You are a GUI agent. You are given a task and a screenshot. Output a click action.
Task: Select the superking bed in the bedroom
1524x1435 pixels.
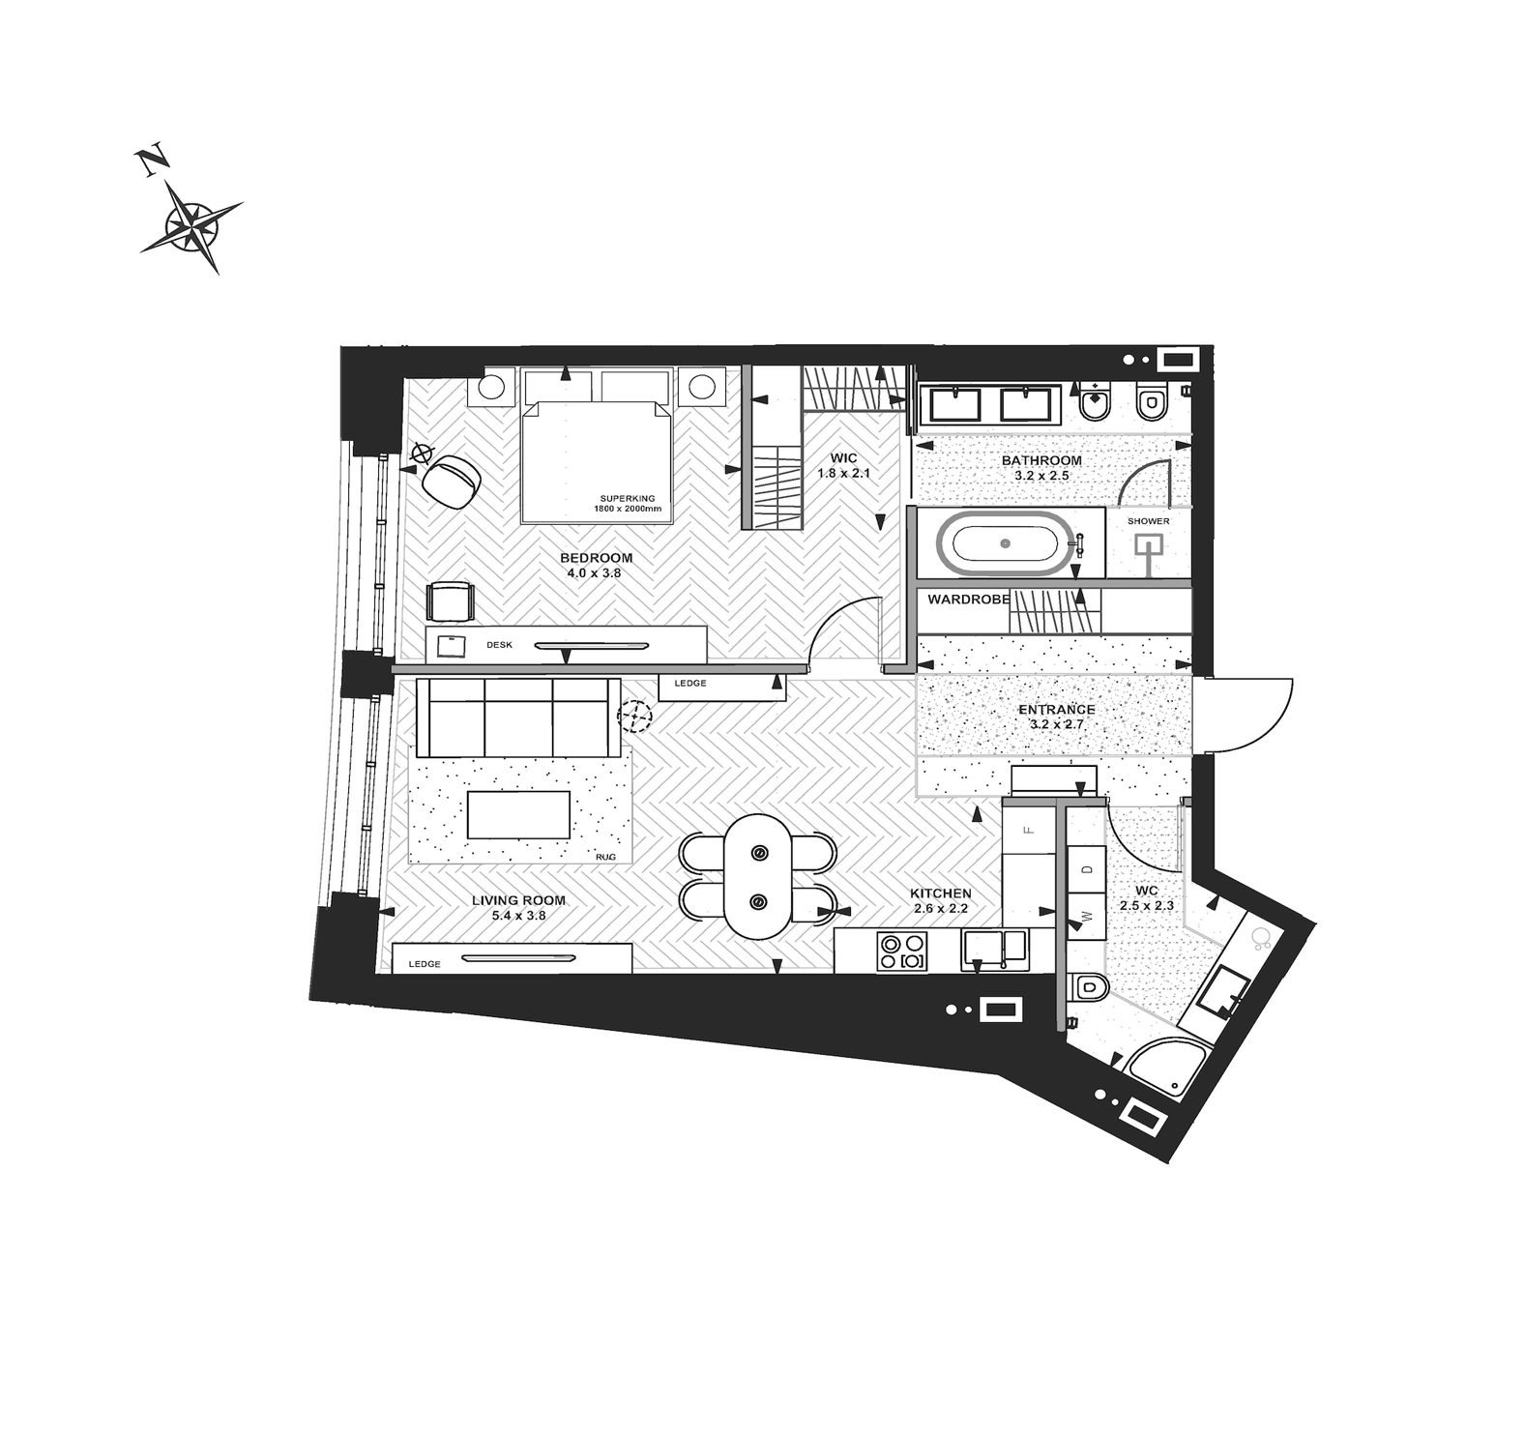[x=597, y=446]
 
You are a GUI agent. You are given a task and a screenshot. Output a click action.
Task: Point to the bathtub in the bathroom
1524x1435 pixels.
[x=1007, y=544]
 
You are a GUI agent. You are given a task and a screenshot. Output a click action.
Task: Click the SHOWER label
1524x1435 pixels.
[x=1148, y=522]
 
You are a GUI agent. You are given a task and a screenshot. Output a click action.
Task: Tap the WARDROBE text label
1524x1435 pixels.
[x=968, y=600]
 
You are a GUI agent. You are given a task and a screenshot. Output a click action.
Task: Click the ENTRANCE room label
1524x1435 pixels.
[x=1056, y=710]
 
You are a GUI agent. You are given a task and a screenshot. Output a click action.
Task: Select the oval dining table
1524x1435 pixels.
[x=758, y=876]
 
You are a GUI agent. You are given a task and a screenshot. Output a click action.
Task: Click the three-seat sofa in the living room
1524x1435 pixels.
[x=519, y=718]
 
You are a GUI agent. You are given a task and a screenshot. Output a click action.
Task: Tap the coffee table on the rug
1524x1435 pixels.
[x=518, y=814]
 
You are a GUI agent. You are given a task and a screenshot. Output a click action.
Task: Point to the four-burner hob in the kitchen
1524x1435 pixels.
[x=901, y=951]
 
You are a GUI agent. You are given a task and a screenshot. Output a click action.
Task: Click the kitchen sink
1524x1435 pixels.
[x=994, y=950]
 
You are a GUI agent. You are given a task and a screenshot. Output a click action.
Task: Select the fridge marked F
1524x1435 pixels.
[x=1028, y=829]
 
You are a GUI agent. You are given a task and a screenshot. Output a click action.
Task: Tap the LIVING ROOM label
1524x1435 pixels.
[x=518, y=900]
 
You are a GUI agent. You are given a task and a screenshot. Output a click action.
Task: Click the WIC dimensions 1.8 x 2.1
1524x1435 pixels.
[x=844, y=474]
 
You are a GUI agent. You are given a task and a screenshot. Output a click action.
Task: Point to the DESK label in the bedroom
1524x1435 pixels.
[x=499, y=644]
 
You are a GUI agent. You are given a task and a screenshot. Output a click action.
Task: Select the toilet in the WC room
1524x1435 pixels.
[x=1089, y=988]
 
